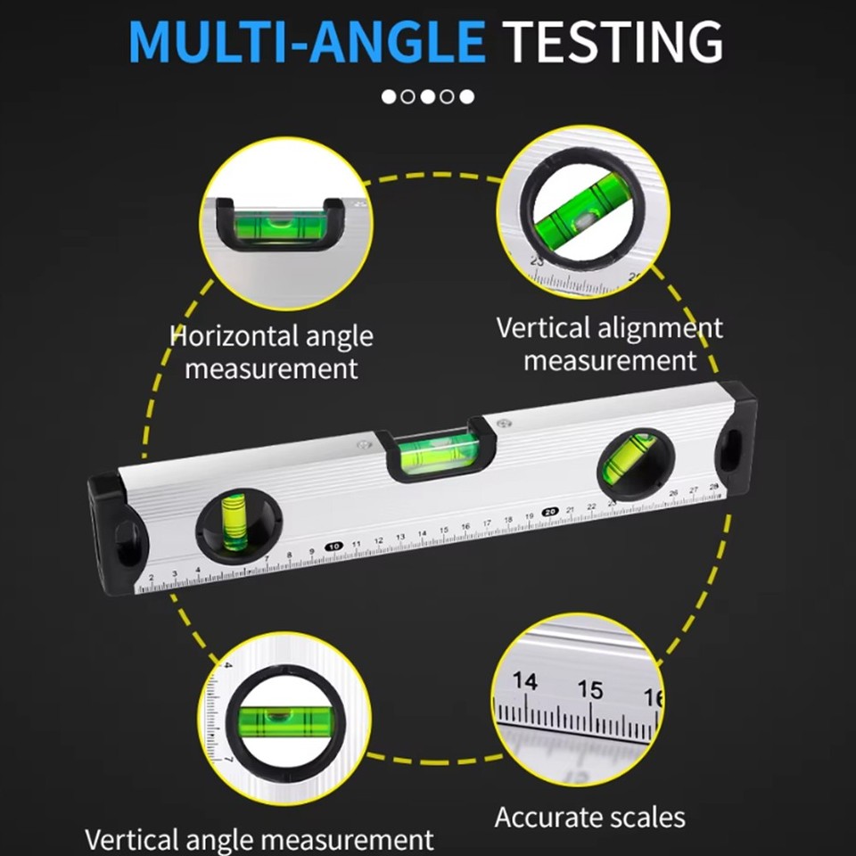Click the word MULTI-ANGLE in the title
coord(307,41)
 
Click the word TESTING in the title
coord(613,41)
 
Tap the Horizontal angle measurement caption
coord(271,351)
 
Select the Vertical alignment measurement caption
coord(609,343)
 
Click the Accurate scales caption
coord(589,817)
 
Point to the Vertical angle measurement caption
coord(259,839)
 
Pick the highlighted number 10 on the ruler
coord(333,546)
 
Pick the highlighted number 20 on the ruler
coord(550,511)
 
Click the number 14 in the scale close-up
coord(525,682)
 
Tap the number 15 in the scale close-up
coord(589,689)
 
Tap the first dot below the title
coord(389,96)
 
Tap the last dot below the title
coord(467,96)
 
